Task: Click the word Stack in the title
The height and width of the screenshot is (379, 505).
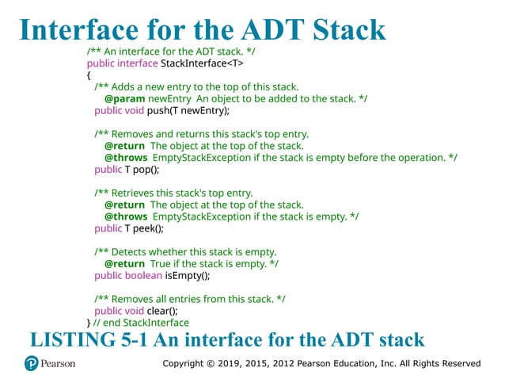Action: click(x=341, y=29)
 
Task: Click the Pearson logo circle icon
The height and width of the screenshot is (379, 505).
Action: click(x=32, y=364)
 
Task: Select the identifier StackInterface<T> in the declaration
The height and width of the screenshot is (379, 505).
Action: click(x=199, y=63)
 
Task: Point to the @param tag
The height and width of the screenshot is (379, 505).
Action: click(x=124, y=98)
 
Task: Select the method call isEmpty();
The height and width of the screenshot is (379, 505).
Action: click(x=187, y=275)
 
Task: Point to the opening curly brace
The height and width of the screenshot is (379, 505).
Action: click(x=89, y=75)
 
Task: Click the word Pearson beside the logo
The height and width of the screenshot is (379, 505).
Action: click(x=59, y=364)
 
